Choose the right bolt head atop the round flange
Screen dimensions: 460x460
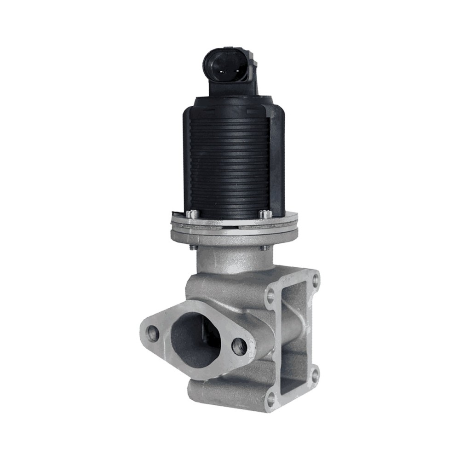pyautogui.click(x=264, y=214)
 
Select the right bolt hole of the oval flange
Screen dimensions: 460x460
pyautogui.click(x=239, y=346)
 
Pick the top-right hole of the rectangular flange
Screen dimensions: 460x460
pyautogui.click(x=316, y=279)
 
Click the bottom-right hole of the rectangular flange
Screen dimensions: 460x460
pyautogui.click(x=315, y=374)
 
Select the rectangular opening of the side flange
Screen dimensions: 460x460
pyautogui.click(x=293, y=338)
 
